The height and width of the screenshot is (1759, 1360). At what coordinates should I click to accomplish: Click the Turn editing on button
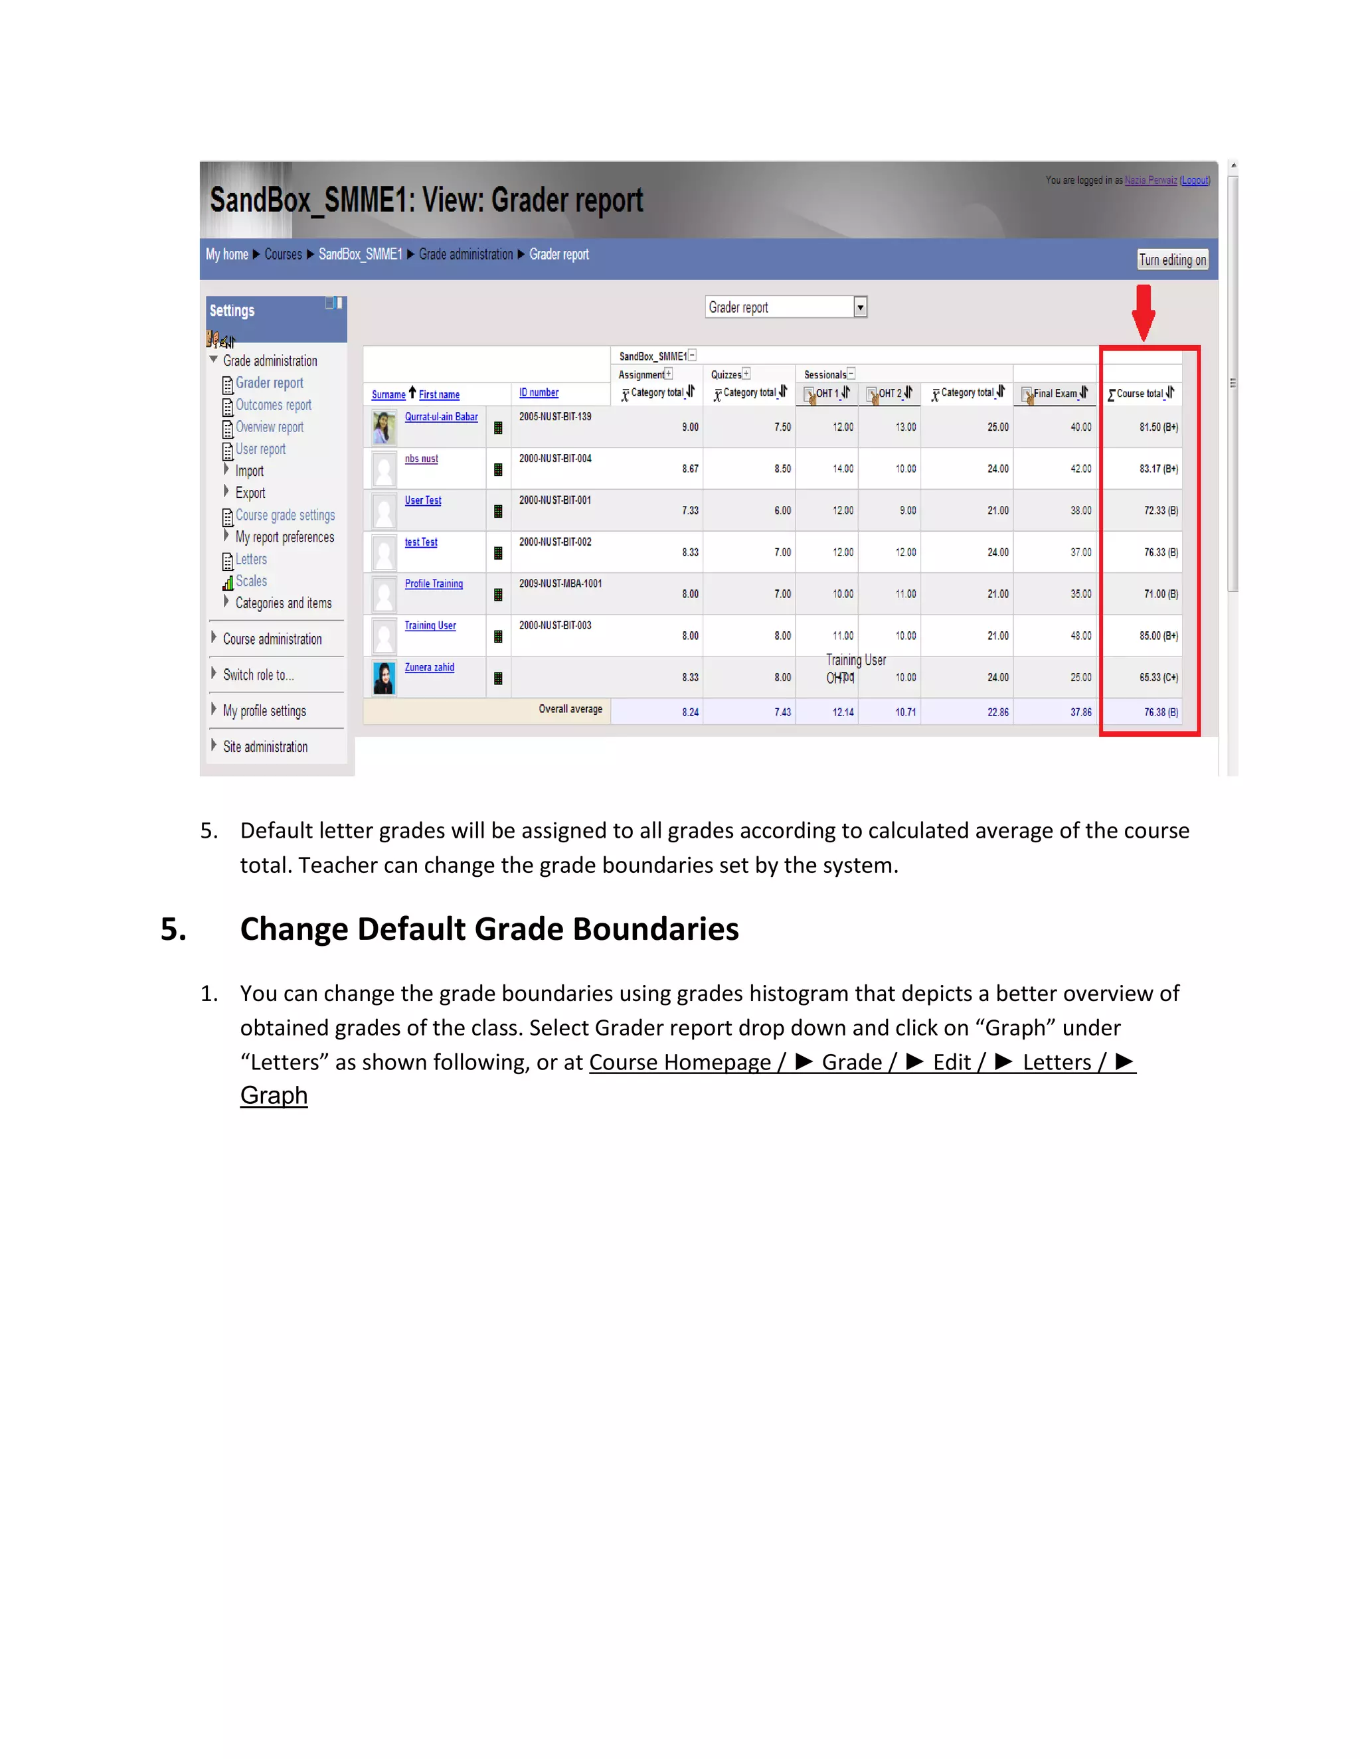(1171, 260)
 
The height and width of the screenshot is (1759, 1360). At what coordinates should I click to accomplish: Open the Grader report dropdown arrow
(860, 307)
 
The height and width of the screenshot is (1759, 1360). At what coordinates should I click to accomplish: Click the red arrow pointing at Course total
(1142, 313)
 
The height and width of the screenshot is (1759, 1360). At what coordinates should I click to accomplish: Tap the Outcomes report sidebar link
(273, 405)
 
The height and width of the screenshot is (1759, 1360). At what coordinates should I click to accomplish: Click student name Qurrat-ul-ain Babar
(441, 416)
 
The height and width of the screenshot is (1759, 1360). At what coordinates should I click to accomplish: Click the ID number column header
(538, 392)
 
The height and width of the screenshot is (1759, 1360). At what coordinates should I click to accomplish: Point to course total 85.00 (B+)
(1157, 635)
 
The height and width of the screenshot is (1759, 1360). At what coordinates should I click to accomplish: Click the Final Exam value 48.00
(1080, 635)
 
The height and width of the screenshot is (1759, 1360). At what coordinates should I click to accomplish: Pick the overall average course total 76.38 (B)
(1160, 712)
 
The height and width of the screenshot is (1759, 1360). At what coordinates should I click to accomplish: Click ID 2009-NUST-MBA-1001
(560, 583)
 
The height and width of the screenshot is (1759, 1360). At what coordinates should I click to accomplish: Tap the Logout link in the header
(1195, 181)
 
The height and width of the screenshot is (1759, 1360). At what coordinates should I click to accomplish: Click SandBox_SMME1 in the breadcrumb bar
(359, 254)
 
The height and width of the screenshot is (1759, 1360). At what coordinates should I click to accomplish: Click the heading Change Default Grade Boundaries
(488, 929)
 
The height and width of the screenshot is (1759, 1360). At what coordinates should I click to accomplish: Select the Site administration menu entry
(265, 747)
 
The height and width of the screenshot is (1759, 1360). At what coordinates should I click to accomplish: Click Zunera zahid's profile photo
(384, 676)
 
